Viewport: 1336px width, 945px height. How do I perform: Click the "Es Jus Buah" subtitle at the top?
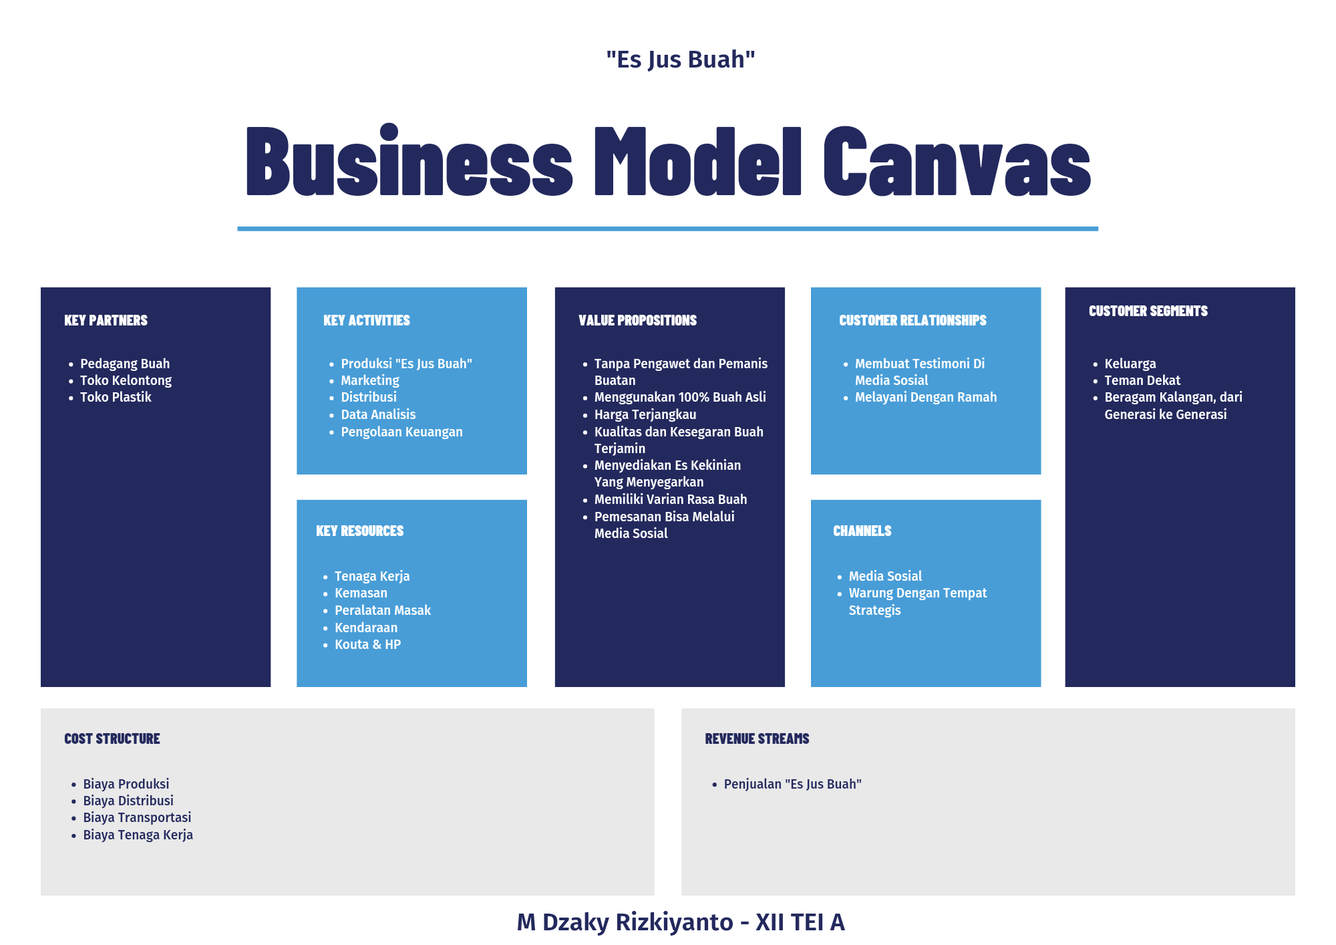680,59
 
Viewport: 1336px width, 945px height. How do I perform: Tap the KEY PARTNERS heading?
106,320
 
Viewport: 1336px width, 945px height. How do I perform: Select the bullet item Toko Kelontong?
126,380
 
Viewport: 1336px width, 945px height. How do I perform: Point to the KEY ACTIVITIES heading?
366,320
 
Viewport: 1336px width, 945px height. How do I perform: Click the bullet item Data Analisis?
378,414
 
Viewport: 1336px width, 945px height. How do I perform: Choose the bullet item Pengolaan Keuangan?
401,432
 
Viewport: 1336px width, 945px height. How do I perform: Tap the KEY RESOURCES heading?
359,531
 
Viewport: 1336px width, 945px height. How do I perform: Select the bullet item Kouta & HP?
367,644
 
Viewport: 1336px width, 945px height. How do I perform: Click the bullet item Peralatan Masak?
382,610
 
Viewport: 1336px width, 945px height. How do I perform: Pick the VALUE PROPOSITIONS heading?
637,320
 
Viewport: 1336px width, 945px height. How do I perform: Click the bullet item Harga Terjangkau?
645,414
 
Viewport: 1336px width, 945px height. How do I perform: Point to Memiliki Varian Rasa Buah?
670,499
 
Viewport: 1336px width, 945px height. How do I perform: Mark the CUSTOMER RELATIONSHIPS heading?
912,320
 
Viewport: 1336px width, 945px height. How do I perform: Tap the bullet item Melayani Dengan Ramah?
925,397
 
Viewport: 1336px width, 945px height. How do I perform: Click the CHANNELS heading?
862,531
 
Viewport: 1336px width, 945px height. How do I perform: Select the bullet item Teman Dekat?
1142,380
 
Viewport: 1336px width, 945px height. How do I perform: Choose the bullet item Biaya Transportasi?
137,817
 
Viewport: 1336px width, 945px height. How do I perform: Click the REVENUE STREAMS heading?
757,738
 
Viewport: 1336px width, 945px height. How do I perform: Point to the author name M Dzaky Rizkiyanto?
625,922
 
